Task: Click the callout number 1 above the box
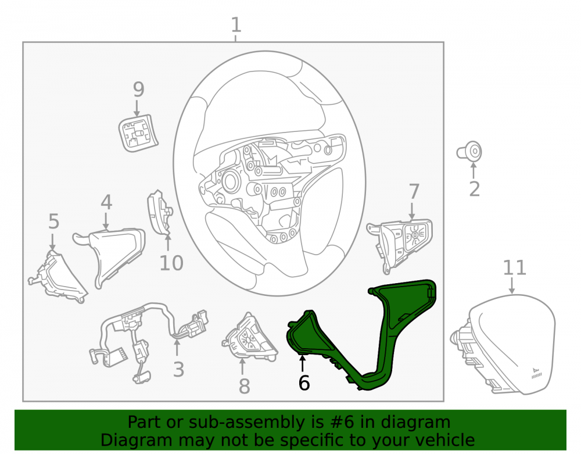point(236,25)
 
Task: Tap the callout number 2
point(474,189)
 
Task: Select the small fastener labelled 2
point(469,152)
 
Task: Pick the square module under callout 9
point(138,133)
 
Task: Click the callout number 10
point(171,263)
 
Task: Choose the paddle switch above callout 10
point(160,213)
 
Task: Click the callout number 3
point(178,370)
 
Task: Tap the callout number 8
point(244,386)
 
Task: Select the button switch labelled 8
point(250,338)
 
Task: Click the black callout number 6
point(304,383)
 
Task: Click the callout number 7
point(414,192)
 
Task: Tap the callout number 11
point(514,267)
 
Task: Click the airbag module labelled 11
point(504,343)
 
